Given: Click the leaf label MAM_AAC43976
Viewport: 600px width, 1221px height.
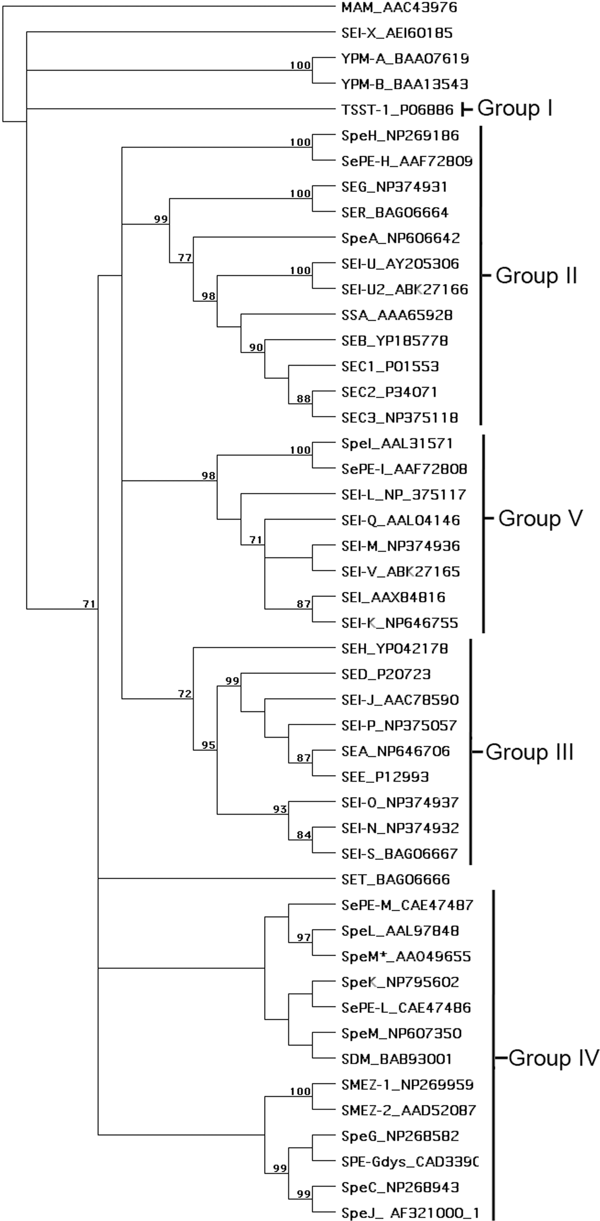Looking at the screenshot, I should click(399, 7).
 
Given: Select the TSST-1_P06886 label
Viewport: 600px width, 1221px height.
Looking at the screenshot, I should click(397, 110).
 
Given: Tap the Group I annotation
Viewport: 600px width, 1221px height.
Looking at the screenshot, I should click(515, 108).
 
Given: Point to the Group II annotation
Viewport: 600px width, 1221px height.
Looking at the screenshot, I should click(536, 275).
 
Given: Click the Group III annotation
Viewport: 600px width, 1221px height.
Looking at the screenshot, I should click(529, 752).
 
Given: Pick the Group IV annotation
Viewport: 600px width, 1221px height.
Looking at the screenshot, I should click(553, 1058).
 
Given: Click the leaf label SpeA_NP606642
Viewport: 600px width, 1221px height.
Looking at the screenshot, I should click(400, 238).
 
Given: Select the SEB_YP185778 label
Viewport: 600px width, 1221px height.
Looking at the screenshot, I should click(394, 341).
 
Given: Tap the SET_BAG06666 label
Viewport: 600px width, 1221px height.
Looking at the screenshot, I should click(395, 880).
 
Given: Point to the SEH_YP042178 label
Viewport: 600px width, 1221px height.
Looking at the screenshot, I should click(394, 649).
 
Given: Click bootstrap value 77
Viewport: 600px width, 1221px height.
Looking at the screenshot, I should click(185, 257).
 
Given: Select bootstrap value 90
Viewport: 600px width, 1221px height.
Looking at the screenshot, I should click(256, 347).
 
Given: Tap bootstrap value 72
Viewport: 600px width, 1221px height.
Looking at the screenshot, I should click(185, 694).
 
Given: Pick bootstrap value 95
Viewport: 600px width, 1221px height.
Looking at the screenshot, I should click(208, 745).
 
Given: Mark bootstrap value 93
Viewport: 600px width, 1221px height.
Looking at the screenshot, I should click(280, 809).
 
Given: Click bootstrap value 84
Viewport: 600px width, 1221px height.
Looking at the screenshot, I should click(304, 835).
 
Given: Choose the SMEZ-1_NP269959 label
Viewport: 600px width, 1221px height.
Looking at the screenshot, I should click(407, 1085).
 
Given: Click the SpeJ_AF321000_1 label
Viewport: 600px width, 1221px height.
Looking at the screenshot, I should click(409, 1213).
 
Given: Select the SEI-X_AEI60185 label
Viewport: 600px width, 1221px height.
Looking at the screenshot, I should click(397, 33).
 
